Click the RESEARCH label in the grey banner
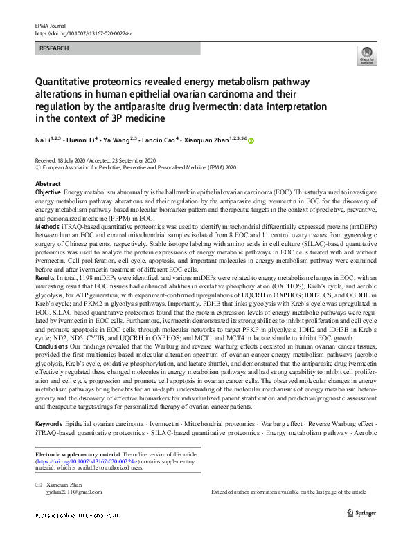point(55,49)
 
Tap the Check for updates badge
point(365,56)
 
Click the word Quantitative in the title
point(64,82)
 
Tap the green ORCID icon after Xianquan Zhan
point(251,141)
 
